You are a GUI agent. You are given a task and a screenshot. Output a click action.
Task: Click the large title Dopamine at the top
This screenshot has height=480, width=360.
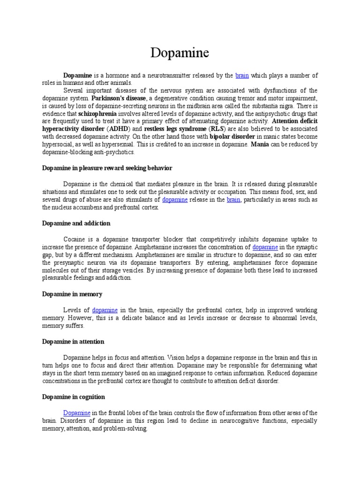[180, 53]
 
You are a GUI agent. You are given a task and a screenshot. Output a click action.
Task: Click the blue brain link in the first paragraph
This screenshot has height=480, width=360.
[242, 75]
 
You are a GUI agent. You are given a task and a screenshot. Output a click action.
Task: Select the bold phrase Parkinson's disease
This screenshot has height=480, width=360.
[119, 98]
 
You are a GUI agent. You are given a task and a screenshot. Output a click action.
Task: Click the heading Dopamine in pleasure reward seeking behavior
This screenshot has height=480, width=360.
[107, 167]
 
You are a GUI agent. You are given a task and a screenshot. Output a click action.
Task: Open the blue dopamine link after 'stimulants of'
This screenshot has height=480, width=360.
[175, 200]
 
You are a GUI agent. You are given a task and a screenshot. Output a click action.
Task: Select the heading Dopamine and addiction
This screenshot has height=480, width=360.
[76, 223]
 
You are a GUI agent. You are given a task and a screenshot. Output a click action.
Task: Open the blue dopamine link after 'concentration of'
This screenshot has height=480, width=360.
[265, 247]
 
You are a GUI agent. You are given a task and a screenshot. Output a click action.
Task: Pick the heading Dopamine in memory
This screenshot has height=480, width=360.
[72, 294]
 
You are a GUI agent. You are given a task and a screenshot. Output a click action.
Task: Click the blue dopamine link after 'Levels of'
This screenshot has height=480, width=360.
[105, 310]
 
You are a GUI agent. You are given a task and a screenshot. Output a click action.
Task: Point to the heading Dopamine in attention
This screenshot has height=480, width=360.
[73, 341]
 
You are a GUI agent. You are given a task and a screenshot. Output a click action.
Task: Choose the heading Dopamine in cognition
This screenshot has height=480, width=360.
[74, 397]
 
